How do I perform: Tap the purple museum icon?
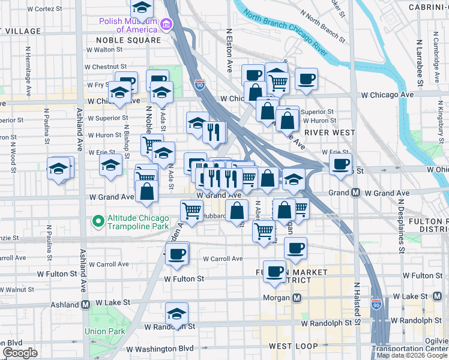coord(166,25)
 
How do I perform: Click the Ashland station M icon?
coord(86,304)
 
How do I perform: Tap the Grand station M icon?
coord(355,193)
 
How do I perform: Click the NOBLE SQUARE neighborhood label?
coord(128,40)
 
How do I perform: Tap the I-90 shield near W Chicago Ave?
coord(199,85)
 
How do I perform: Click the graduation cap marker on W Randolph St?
coord(176,314)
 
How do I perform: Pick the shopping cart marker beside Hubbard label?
coord(191,210)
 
